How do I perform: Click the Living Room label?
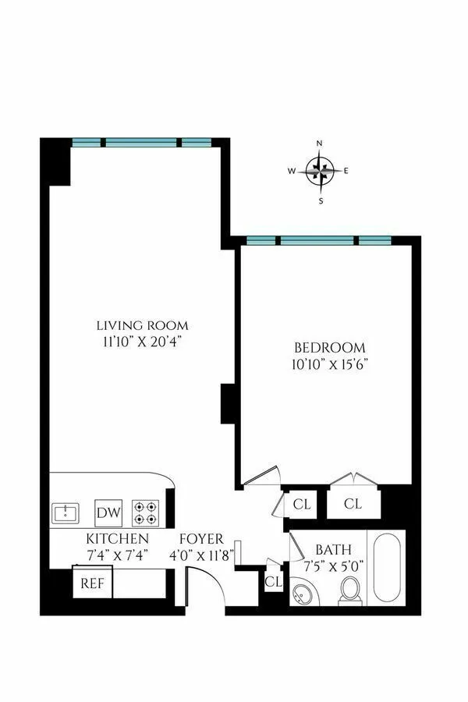[x=142, y=325]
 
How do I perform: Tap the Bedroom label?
[x=329, y=347]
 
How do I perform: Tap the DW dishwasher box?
[x=108, y=513]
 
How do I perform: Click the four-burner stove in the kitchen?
[x=145, y=512]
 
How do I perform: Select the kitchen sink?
[x=66, y=513]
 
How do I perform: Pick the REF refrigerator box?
[x=93, y=583]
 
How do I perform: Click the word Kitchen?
[x=117, y=539]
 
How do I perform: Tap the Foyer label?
[x=201, y=539]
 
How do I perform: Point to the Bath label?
[x=332, y=550]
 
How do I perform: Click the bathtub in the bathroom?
[x=386, y=567]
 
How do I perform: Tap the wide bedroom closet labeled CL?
[x=353, y=504]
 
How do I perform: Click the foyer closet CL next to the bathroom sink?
[x=273, y=581]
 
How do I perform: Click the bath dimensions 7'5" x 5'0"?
[x=333, y=565]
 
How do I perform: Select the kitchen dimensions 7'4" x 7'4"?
[x=117, y=554]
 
